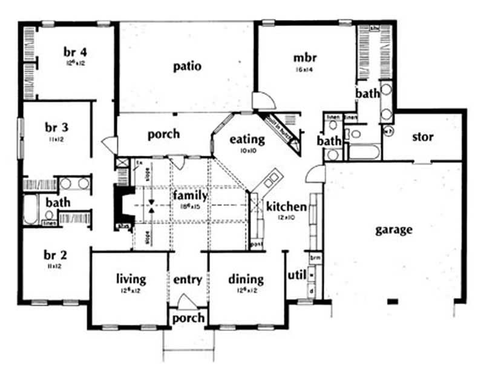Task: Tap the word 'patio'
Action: (188, 66)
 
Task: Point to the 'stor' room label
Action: (422, 137)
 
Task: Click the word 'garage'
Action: (393, 230)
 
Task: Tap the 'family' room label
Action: (190, 196)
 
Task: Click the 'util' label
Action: (295, 276)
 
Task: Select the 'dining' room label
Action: (246, 279)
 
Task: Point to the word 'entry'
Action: (187, 279)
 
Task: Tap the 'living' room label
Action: (131, 279)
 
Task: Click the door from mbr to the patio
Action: (264, 101)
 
